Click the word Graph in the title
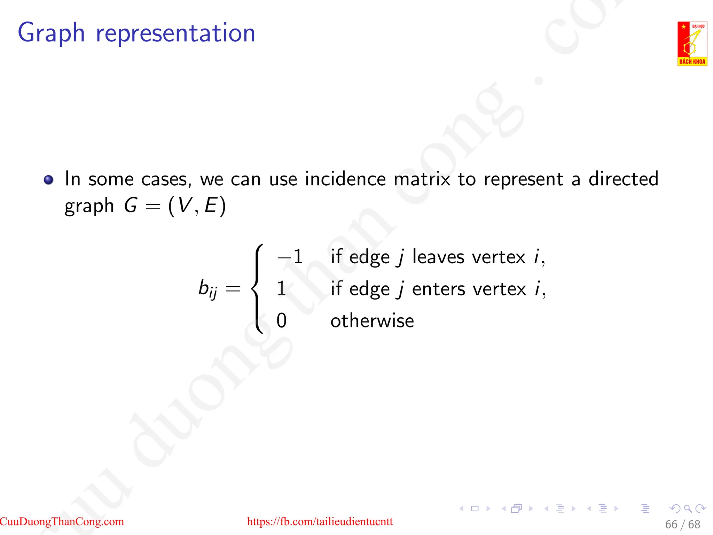51,33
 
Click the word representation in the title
175,33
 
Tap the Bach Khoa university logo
692,44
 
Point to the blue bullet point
49,180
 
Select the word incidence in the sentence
345,179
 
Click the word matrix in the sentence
422,179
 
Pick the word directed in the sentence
623,179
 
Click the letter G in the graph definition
131,205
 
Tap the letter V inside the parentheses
185,205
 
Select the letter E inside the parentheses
211,205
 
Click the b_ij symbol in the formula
208,289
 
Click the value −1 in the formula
290,257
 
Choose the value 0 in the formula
281,320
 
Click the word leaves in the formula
438,257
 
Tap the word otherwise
372,321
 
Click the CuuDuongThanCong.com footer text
62,521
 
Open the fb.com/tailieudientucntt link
320,521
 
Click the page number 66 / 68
682,525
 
